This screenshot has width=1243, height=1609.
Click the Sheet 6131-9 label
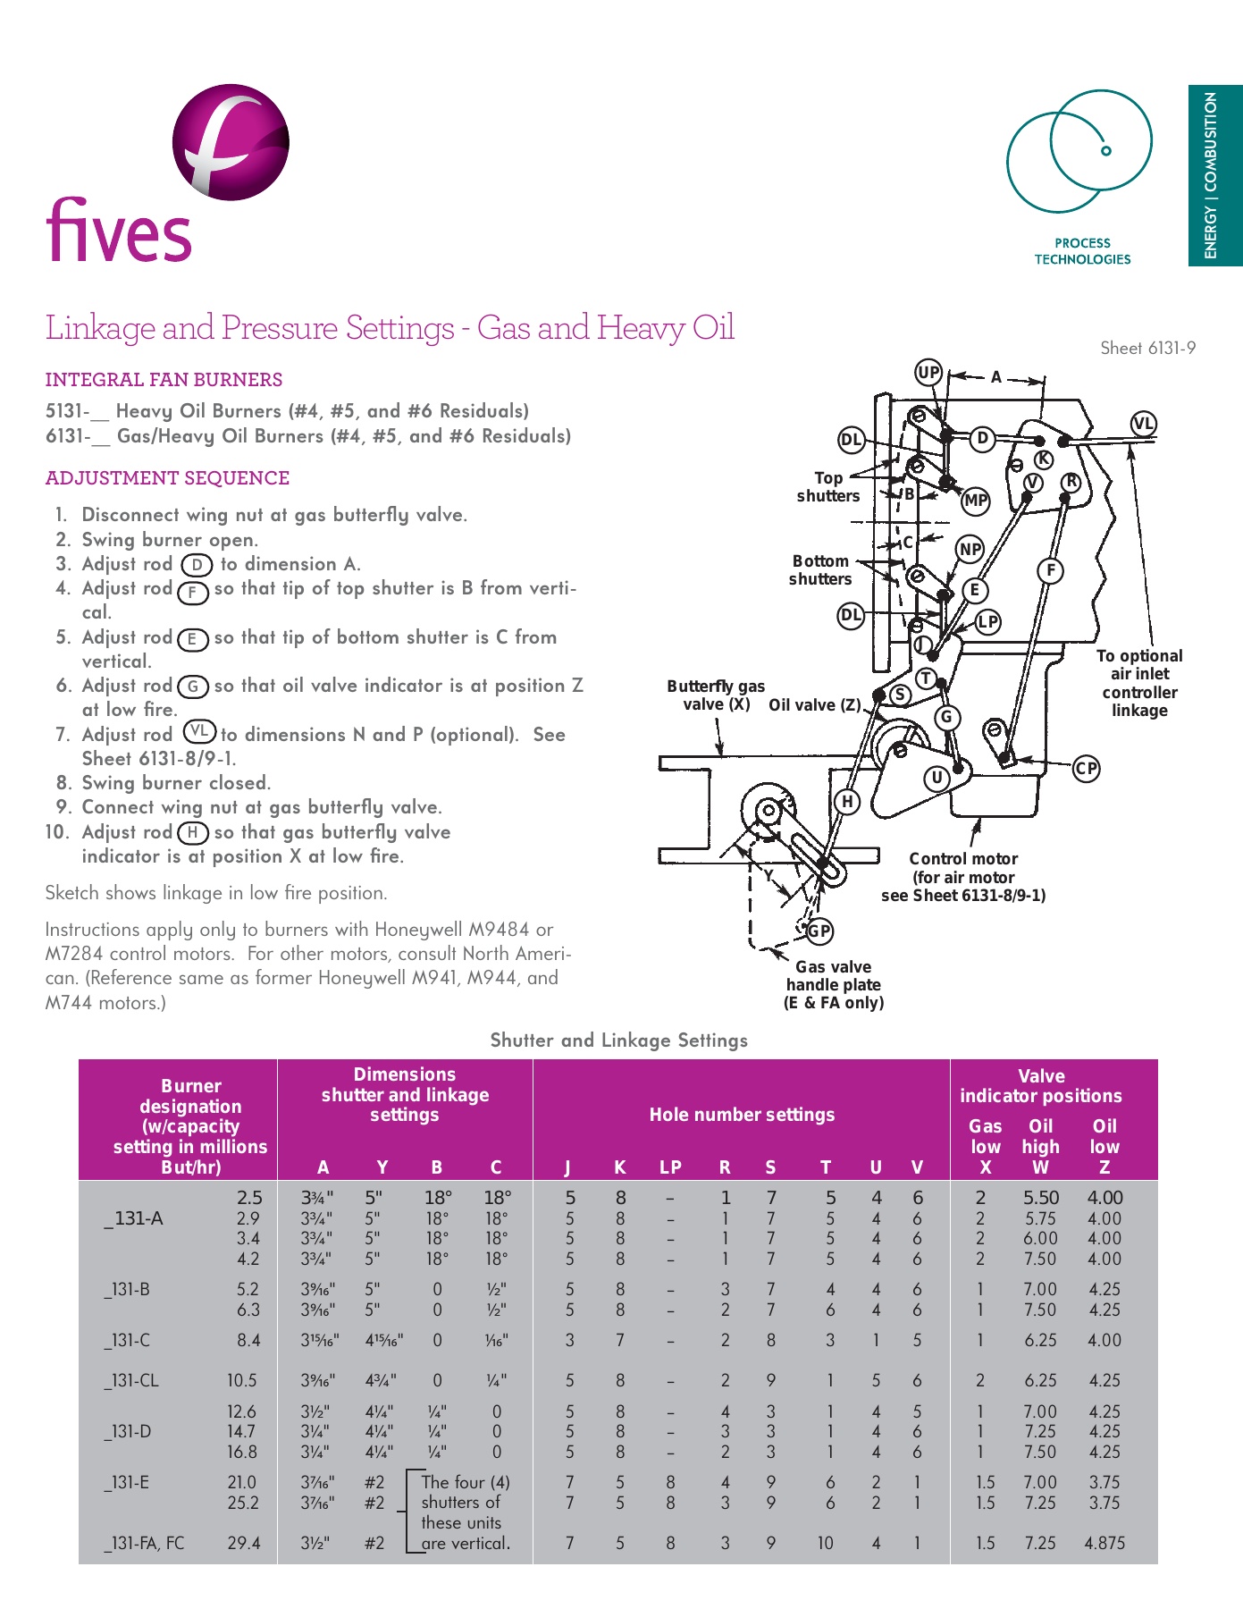(1147, 349)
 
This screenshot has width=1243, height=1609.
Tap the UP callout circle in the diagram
(929, 373)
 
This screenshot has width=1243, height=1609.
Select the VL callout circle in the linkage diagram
(1143, 424)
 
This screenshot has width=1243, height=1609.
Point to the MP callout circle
(975, 501)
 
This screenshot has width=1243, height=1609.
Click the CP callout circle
(1086, 768)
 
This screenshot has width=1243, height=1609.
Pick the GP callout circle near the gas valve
(819, 931)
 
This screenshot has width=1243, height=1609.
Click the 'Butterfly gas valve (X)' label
(716, 695)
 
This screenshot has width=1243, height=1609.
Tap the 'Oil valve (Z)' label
(814, 705)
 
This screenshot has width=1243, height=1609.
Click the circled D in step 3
(197, 565)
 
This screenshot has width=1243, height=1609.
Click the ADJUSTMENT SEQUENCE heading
(167, 478)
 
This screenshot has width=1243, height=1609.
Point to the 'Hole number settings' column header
(742, 1115)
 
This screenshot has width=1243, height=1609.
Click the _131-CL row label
(131, 1380)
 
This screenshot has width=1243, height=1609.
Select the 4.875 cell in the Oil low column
(1104, 1543)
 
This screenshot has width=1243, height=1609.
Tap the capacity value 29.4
(243, 1543)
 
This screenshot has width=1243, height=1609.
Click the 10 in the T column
(825, 1543)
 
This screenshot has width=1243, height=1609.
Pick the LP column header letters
(670, 1167)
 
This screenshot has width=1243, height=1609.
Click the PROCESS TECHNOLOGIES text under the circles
(1082, 251)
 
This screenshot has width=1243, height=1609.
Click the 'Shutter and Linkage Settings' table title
(618, 1040)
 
